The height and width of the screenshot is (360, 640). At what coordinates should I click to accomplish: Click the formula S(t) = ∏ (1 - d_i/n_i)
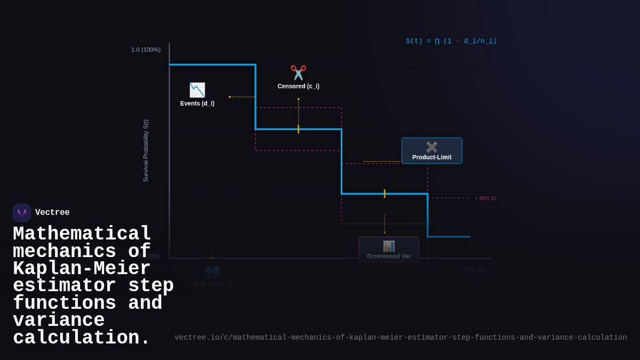pos(451,41)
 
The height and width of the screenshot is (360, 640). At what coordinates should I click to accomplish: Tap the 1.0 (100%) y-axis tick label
pos(146,50)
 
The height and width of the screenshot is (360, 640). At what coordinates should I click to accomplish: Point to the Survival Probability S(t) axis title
pos(146,150)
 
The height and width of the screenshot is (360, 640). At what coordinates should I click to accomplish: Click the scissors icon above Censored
pos(298,73)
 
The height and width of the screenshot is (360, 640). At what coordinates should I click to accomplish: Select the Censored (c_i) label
pos(298,86)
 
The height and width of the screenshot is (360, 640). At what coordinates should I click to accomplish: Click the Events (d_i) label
pos(197,103)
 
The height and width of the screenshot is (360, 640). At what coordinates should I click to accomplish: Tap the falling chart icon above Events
pos(197,90)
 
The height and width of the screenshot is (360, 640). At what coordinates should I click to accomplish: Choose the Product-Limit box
pos(431,151)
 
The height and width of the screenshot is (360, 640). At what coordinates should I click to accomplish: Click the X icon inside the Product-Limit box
pos(431,147)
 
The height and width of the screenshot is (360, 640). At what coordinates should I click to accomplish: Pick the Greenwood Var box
pos(389,250)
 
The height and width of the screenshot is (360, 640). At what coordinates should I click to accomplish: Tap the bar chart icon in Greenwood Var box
pos(389,246)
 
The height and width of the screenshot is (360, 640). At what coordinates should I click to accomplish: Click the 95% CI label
pos(485,198)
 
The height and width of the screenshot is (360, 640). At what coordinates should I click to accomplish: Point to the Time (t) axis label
pos(473,269)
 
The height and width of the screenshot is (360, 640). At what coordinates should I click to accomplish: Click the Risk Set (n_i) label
pos(212,284)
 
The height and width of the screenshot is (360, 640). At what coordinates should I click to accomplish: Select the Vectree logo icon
pos(22,213)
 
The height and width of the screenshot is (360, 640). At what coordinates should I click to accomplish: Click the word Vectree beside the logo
pos(52,213)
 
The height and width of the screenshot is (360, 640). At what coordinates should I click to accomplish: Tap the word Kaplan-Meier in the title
pos(82,269)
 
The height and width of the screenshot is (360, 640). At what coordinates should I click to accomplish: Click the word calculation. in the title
pos(82,338)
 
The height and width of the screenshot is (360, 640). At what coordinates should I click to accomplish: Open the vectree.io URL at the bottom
pos(401,338)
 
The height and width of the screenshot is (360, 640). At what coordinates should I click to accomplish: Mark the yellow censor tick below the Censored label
pos(298,129)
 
